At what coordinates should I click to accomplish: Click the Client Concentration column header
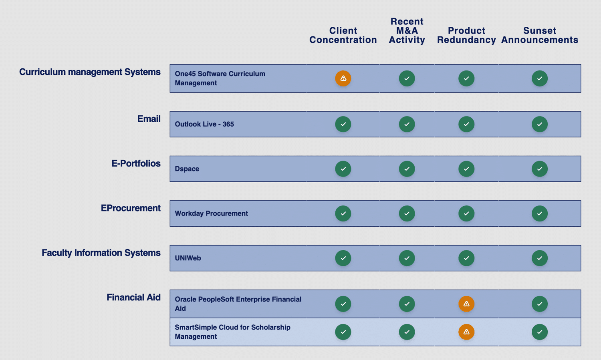click(x=343, y=35)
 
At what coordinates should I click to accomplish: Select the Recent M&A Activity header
click(x=407, y=30)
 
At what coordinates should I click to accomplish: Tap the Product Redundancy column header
click(x=466, y=35)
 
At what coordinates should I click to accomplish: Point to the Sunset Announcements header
click(x=540, y=35)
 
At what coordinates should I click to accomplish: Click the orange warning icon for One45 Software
click(x=343, y=78)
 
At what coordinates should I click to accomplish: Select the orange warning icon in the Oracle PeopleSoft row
click(x=466, y=304)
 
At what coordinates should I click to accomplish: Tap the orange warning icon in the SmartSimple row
click(x=466, y=332)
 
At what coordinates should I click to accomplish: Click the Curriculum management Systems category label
click(x=90, y=72)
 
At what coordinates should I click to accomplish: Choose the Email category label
click(x=149, y=119)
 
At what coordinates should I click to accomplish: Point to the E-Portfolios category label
click(x=136, y=163)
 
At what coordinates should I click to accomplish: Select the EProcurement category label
click(x=131, y=208)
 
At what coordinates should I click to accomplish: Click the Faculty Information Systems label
click(x=101, y=253)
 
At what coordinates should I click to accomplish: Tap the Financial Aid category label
click(x=133, y=297)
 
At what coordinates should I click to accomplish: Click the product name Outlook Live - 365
click(x=204, y=124)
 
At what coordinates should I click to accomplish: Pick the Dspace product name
click(x=187, y=169)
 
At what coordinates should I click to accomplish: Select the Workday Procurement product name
click(x=211, y=213)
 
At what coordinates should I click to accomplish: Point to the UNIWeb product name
click(x=188, y=258)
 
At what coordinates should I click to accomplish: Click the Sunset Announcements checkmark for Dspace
click(x=540, y=169)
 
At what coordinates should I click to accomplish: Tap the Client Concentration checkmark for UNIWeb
click(x=343, y=258)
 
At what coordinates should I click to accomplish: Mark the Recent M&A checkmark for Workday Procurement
click(x=407, y=213)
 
